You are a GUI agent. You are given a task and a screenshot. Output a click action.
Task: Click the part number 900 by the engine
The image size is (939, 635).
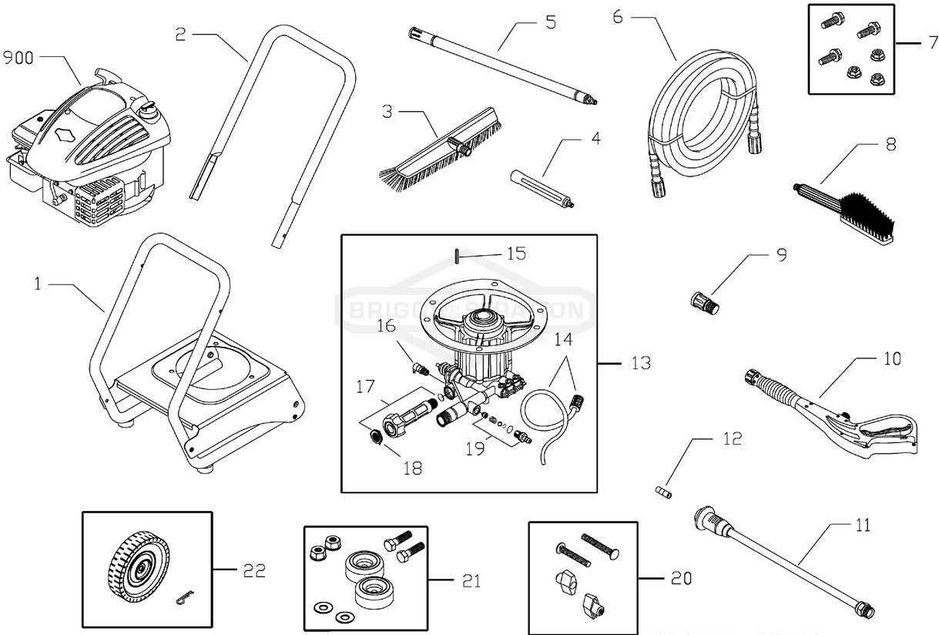click(x=18, y=58)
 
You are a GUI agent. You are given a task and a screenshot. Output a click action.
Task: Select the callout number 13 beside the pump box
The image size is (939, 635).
click(x=640, y=362)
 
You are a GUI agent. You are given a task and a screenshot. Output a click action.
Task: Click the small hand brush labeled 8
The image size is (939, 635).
click(x=847, y=208)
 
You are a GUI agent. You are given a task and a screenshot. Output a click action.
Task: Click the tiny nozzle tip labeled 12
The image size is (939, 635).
click(x=662, y=492)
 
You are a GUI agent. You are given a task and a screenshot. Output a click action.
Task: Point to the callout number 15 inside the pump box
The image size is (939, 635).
click(x=515, y=254)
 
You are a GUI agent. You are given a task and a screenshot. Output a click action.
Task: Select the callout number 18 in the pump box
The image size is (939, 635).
click(x=413, y=468)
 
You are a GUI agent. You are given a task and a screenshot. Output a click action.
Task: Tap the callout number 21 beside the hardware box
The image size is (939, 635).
click(x=470, y=580)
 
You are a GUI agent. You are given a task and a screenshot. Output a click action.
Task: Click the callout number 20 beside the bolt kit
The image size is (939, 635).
click(x=680, y=578)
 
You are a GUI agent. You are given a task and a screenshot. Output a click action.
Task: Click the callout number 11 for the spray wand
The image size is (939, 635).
click(x=862, y=526)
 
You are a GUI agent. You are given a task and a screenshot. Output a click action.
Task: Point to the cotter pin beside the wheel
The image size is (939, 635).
click(x=182, y=599)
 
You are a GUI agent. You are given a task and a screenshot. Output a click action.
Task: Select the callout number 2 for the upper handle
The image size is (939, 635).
click(x=180, y=35)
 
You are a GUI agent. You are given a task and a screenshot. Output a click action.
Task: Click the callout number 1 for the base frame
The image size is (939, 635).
click(x=36, y=284)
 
